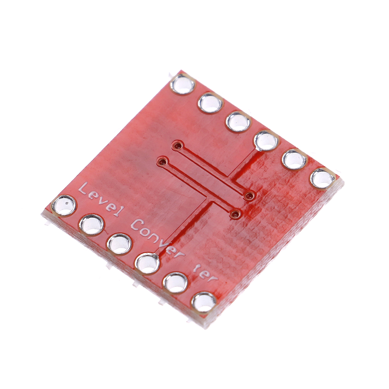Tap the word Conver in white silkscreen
tap(158, 238)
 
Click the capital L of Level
tap(83, 189)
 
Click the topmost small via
tap(177, 145)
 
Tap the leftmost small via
tap(163, 162)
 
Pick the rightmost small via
tap(249, 196)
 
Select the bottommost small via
tap(235, 214)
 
